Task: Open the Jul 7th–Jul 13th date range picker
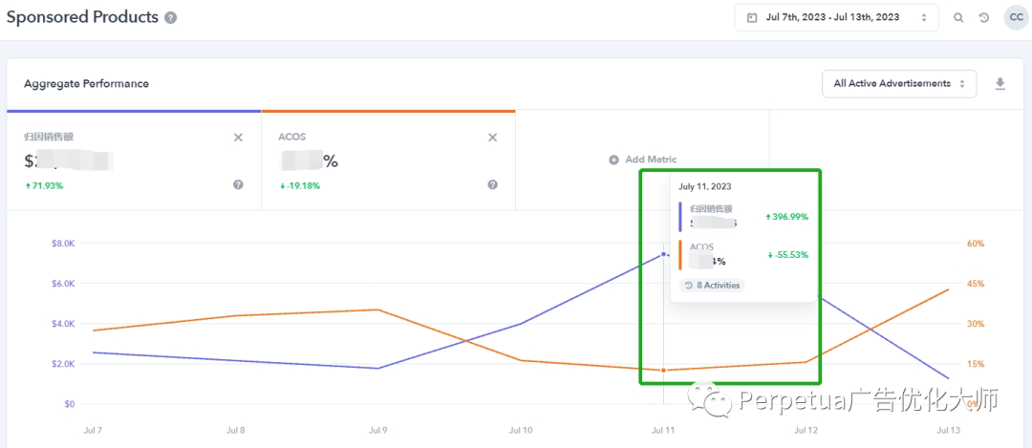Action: click(x=836, y=17)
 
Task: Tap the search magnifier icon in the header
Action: click(x=958, y=17)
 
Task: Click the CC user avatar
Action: click(x=1016, y=17)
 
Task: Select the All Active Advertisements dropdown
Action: click(x=898, y=84)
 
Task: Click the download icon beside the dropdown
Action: click(x=1000, y=84)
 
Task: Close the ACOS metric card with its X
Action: click(x=492, y=138)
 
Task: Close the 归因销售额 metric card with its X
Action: click(x=238, y=138)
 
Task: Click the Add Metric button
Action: click(x=642, y=160)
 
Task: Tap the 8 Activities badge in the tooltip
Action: click(x=711, y=285)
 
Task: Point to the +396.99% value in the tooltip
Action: click(x=786, y=217)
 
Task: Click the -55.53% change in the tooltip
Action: click(x=787, y=255)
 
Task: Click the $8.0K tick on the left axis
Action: click(x=63, y=244)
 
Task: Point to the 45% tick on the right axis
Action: click(x=976, y=284)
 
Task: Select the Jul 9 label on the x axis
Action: click(x=379, y=431)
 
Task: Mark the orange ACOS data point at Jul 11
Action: click(x=663, y=370)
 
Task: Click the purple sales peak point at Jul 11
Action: click(x=663, y=254)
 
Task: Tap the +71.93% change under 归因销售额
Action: click(x=44, y=185)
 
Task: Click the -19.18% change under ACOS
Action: click(x=299, y=185)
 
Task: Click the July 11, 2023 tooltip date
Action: click(x=706, y=187)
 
